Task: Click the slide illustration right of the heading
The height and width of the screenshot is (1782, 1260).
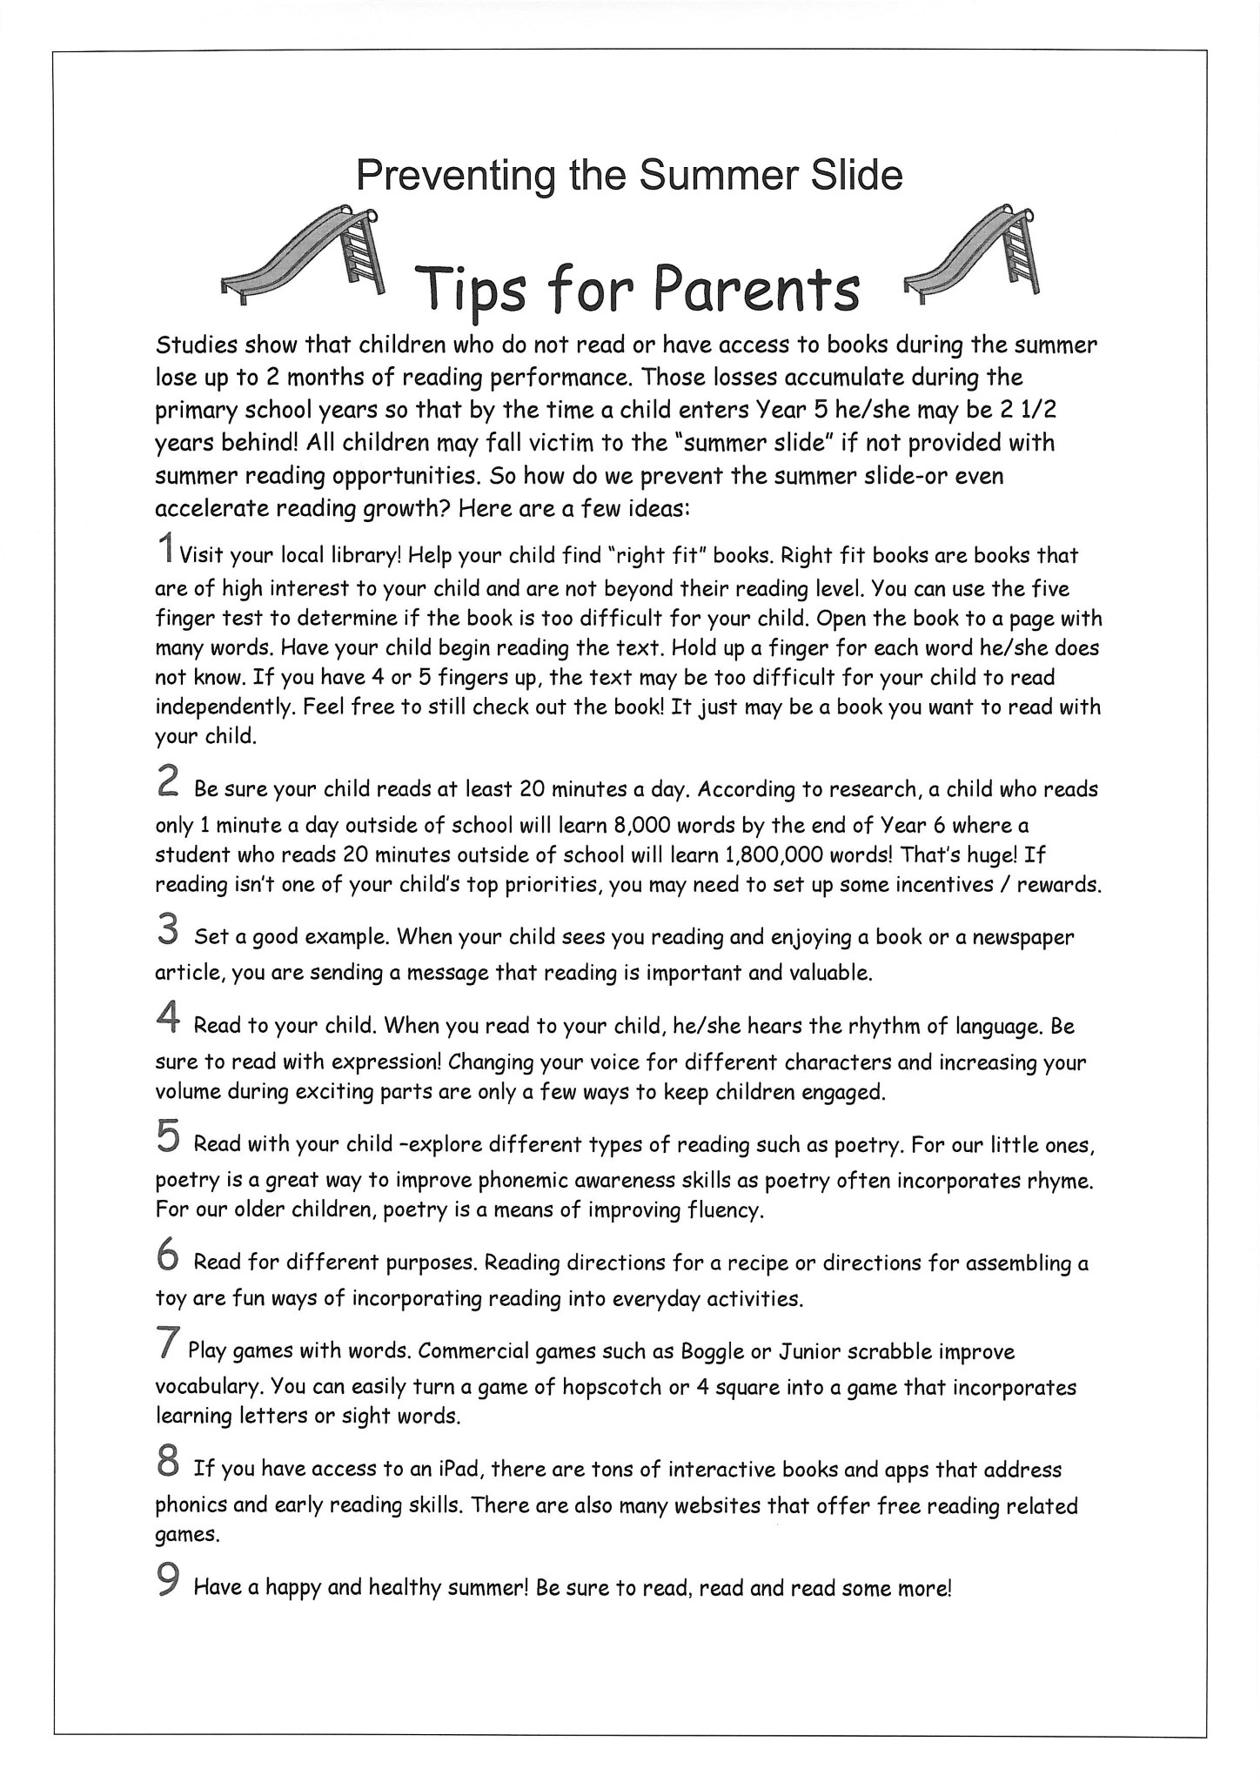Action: click(x=973, y=252)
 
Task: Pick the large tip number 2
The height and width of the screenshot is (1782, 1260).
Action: click(x=168, y=780)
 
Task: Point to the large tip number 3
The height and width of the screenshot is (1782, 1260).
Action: click(x=168, y=928)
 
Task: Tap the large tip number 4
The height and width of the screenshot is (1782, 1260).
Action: click(x=168, y=1018)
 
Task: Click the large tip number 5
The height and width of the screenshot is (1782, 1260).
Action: click(x=168, y=1136)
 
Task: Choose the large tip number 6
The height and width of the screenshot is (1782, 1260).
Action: click(x=168, y=1256)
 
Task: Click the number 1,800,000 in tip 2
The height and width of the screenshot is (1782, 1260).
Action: click(x=776, y=855)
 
